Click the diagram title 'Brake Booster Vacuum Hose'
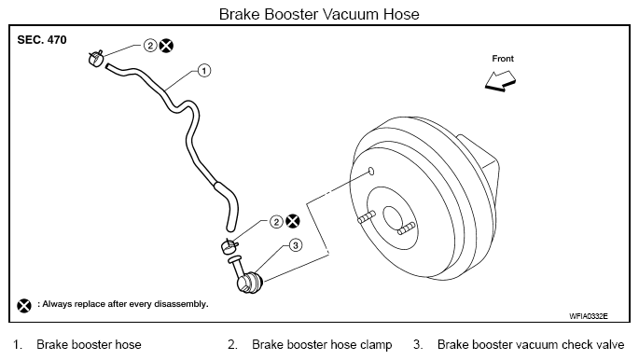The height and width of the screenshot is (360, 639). [319, 14]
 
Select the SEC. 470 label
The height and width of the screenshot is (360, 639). [42, 40]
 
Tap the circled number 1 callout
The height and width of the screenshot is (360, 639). [204, 71]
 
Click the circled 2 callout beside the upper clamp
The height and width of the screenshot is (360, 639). [150, 45]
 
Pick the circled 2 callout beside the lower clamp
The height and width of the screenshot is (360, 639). [276, 222]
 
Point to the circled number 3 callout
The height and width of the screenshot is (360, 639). [296, 245]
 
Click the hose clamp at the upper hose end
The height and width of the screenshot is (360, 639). [96, 59]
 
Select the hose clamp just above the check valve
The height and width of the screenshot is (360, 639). [229, 246]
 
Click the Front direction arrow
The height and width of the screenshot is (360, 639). [500, 80]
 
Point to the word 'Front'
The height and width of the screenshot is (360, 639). [503, 59]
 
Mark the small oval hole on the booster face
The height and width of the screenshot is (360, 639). [371, 171]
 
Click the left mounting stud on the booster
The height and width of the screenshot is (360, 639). [367, 217]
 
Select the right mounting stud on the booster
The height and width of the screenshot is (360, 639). [407, 228]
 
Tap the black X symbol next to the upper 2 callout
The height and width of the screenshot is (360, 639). [166, 45]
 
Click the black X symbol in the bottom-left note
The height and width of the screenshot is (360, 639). [24, 305]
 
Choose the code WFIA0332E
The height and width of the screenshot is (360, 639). [589, 316]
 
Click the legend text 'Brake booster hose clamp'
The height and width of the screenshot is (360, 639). [322, 345]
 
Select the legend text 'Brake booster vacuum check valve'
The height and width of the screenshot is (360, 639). [531, 345]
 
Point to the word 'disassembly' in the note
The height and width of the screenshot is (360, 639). [181, 304]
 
